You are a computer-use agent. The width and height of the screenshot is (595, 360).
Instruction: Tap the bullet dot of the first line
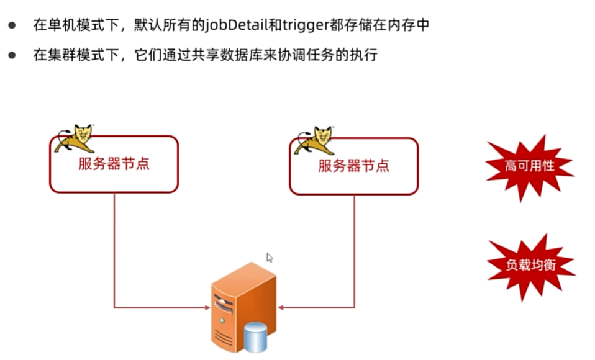12,25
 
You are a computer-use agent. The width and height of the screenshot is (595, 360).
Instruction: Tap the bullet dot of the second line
12,55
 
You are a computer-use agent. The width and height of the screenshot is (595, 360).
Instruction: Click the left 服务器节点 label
114,164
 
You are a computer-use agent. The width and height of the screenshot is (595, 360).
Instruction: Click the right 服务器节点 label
353,166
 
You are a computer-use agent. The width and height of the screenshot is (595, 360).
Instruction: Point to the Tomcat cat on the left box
75,138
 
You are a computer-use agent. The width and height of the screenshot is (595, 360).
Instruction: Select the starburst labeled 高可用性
528,166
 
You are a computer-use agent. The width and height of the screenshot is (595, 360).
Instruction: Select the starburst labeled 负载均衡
529,265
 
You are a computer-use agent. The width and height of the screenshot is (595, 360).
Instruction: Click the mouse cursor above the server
270,258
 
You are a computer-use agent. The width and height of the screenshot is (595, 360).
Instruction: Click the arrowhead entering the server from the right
281,307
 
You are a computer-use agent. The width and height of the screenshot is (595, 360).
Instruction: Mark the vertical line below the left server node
114,248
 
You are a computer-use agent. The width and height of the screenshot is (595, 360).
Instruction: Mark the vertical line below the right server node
354,248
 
